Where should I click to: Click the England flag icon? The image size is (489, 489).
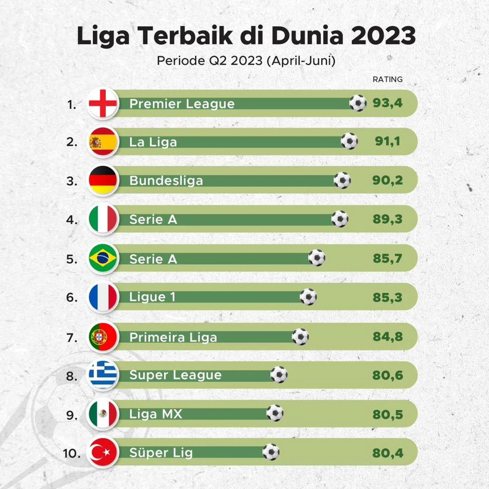103,104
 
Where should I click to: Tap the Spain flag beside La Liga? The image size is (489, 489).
103,142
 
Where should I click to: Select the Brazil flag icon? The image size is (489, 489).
103,258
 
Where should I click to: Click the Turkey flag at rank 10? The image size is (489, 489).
103,452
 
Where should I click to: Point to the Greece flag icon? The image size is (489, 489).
103,375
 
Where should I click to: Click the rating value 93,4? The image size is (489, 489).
387,103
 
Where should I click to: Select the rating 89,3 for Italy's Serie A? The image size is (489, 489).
387,219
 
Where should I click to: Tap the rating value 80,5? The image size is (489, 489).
387,414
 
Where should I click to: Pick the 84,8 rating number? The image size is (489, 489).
387,337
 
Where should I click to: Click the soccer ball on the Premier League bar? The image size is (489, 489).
358,103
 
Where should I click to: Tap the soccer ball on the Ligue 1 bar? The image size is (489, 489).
308,297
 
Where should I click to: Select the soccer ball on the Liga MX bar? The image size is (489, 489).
275,413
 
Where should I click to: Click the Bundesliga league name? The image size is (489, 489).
166,181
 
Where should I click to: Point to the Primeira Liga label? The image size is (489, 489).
173,337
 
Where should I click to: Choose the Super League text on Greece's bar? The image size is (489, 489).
175,375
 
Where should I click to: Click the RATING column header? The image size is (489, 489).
387,79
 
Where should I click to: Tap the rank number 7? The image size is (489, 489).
72,338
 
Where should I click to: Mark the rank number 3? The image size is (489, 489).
72,181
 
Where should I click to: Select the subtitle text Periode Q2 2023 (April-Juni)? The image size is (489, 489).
246,61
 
